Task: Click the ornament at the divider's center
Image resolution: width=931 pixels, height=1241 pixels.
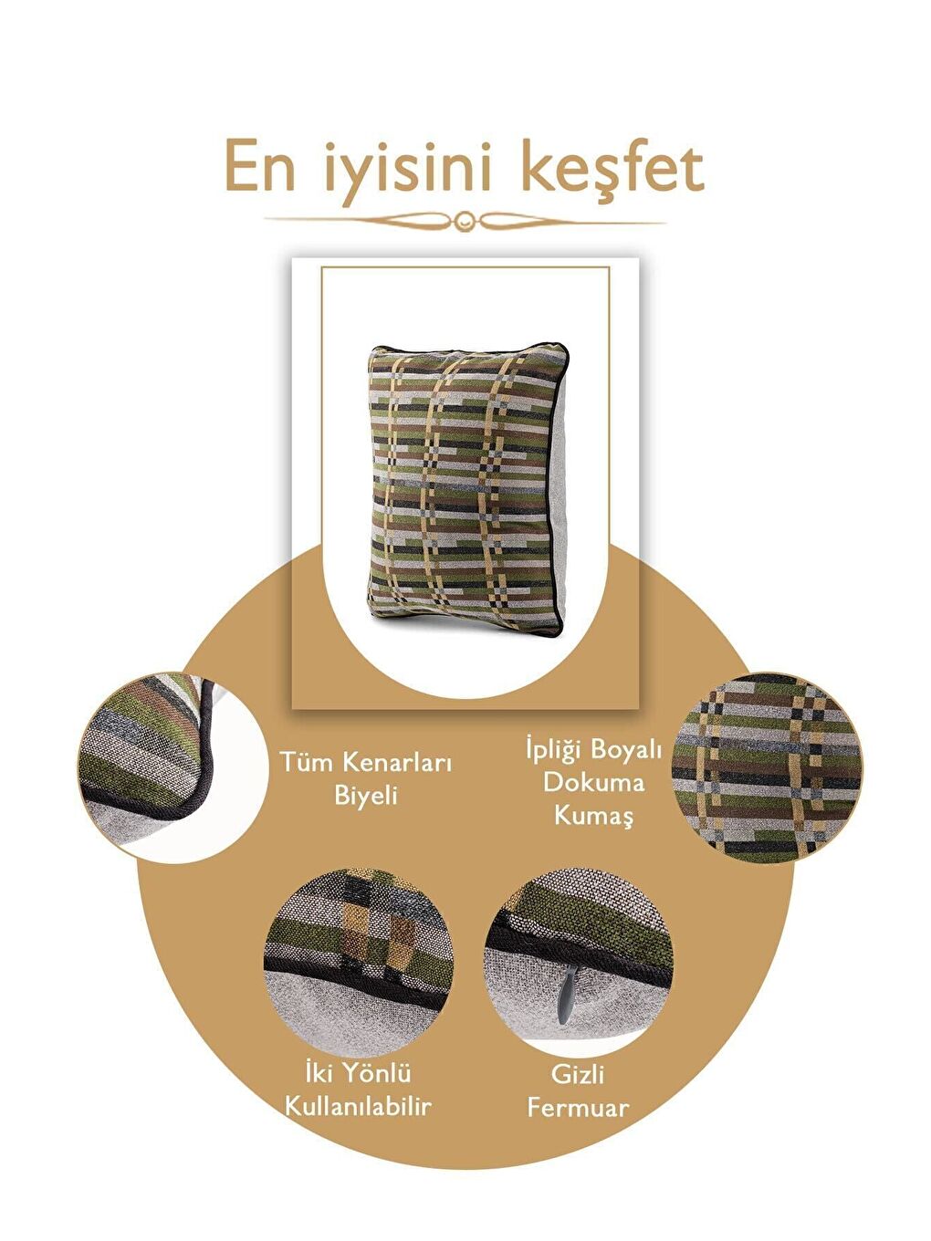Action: tap(465, 219)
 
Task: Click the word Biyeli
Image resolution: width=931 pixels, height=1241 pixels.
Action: tap(365, 795)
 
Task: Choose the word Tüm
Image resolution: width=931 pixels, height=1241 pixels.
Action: tap(306, 761)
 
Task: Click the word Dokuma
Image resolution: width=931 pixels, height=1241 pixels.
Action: tap(593, 782)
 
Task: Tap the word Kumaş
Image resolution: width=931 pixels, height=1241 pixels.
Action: tap(593, 815)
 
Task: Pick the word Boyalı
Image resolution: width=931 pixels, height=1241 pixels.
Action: tap(626, 749)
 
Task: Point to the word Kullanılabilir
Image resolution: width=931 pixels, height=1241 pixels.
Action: tap(358, 1107)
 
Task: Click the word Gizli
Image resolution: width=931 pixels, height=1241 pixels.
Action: tap(578, 1074)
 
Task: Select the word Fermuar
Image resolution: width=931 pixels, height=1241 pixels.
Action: tap(578, 1108)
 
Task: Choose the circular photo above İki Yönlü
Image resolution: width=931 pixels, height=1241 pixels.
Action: tap(358, 958)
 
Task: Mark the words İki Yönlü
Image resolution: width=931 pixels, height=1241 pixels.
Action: tap(358, 1073)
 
